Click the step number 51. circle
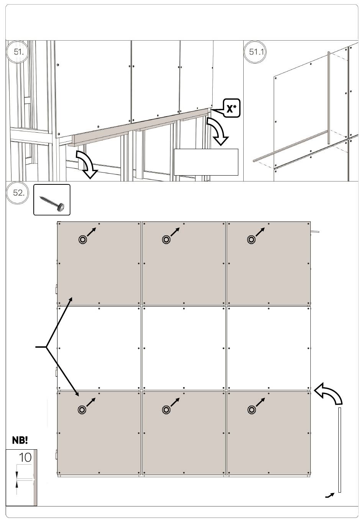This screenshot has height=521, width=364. click(x=18, y=52)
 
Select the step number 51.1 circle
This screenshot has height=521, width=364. click(x=256, y=52)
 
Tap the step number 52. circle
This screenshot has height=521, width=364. click(x=18, y=193)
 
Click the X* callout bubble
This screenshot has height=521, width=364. click(x=231, y=108)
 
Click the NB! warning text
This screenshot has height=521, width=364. click(x=20, y=440)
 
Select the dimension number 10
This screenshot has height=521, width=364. click(x=25, y=458)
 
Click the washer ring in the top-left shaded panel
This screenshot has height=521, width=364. click(x=82, y=240)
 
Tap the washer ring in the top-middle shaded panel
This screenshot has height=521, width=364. click(x=166, y=240)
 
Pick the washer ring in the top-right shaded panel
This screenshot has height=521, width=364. click(x=251, y=240)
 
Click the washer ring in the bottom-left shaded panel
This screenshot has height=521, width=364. click(x=82, y=409)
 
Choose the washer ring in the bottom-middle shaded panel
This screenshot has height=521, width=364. click(x=166, y=409)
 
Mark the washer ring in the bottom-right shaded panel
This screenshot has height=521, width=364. click(x=251, y=409)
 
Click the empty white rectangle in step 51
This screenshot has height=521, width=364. click(x=206, y=162)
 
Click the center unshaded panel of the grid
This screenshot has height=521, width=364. click(x=184, y=348)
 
